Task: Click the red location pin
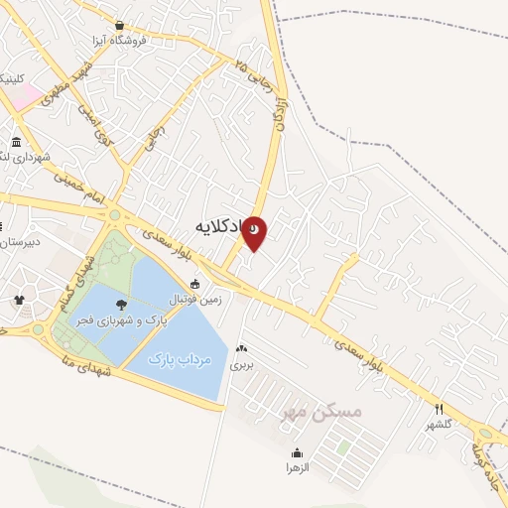click(255, 231)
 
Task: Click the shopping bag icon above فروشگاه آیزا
click(119, 25)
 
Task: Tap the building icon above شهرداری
click(17, 142)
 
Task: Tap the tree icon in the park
click(121, 305)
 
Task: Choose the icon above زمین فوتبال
click(194, 284)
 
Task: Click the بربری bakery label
click(242, 364)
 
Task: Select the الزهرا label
click(299, 467)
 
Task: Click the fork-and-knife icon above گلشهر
click(439, 409)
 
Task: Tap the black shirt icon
click(18, 299)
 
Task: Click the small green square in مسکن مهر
click(343, 447)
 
